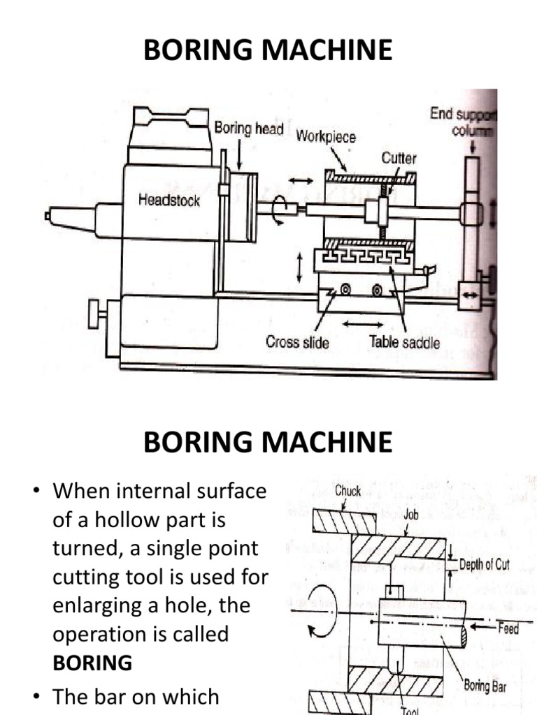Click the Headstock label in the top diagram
tap(169, 200)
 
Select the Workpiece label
tap(325, 137)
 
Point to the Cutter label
tap(399, 158)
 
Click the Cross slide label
tap(297, 342)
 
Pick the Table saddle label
tap(405, 342)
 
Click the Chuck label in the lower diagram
tap(348, 491)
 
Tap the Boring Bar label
tap(485, 686)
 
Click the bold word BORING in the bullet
tap(92, 663)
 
